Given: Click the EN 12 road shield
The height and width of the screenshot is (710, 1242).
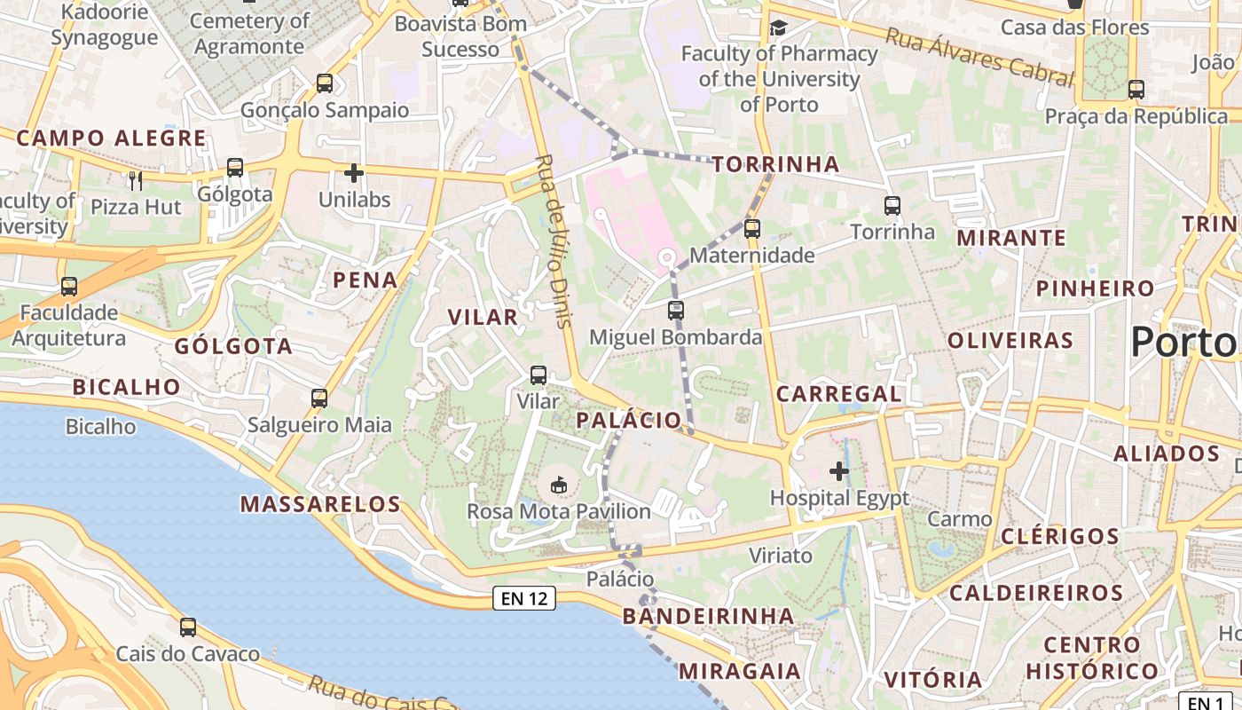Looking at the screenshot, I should [523, 598].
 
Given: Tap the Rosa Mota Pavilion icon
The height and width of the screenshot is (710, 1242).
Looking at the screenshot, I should [559, 485].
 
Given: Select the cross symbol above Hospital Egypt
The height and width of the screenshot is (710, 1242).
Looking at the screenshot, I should [838, 470].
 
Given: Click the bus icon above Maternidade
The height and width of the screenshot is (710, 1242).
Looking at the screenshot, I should [752, 228].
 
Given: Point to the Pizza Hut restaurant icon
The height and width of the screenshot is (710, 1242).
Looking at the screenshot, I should [135, 180].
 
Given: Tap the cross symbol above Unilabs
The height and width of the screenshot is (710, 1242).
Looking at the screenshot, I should [354, 172].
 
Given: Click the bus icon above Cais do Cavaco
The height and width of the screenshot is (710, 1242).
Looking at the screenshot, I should [188, 627].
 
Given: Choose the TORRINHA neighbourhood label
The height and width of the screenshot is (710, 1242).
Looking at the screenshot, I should [775, 164].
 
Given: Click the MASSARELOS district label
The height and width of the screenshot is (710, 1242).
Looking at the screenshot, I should [321, 504].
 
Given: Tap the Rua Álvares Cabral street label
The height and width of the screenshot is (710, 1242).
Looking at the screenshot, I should [979, 56].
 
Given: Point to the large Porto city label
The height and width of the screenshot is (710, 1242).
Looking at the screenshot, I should [1184, 342].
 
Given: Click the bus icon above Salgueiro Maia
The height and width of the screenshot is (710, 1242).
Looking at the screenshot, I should [319, 398].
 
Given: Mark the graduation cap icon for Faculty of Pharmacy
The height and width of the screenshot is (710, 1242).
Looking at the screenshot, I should [778, 28].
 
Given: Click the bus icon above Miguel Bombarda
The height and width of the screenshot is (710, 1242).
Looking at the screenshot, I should [676, 311].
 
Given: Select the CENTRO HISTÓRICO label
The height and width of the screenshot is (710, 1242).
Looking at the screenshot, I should [1092, 658].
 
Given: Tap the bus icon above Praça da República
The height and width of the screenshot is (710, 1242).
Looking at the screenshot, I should [1136, 89].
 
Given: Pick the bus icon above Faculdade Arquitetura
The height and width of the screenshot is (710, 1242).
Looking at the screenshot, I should [69, 287].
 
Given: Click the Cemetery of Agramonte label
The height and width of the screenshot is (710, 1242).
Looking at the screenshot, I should [249, 33].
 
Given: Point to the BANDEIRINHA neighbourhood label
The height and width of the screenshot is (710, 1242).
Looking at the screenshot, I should [708, 616].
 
